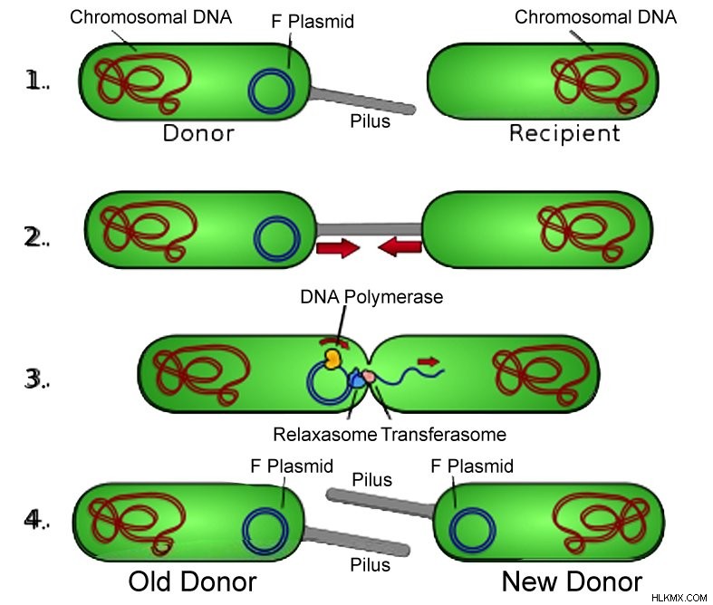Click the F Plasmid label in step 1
(x=313, y=22)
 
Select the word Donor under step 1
(x=198, y=133)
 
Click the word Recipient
(x=564, y=134)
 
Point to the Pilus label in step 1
(x=371, y=121)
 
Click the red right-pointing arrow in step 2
(x=338, y=248)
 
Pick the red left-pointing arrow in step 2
(x=400, y=248)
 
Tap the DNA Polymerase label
(x=371, y=297)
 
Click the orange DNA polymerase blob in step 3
(x=332, y=358)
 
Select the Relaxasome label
(x=324, y=435)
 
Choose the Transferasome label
(x=443, y=435)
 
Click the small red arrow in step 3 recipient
(x=429, y=361)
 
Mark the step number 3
(x=33, y=379)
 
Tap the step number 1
(x=32, y=81)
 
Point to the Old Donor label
(x=192, y=581)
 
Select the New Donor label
(x=572, y=581)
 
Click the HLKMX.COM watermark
(x=679, y=598)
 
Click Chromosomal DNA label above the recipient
(x=596, y=17)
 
